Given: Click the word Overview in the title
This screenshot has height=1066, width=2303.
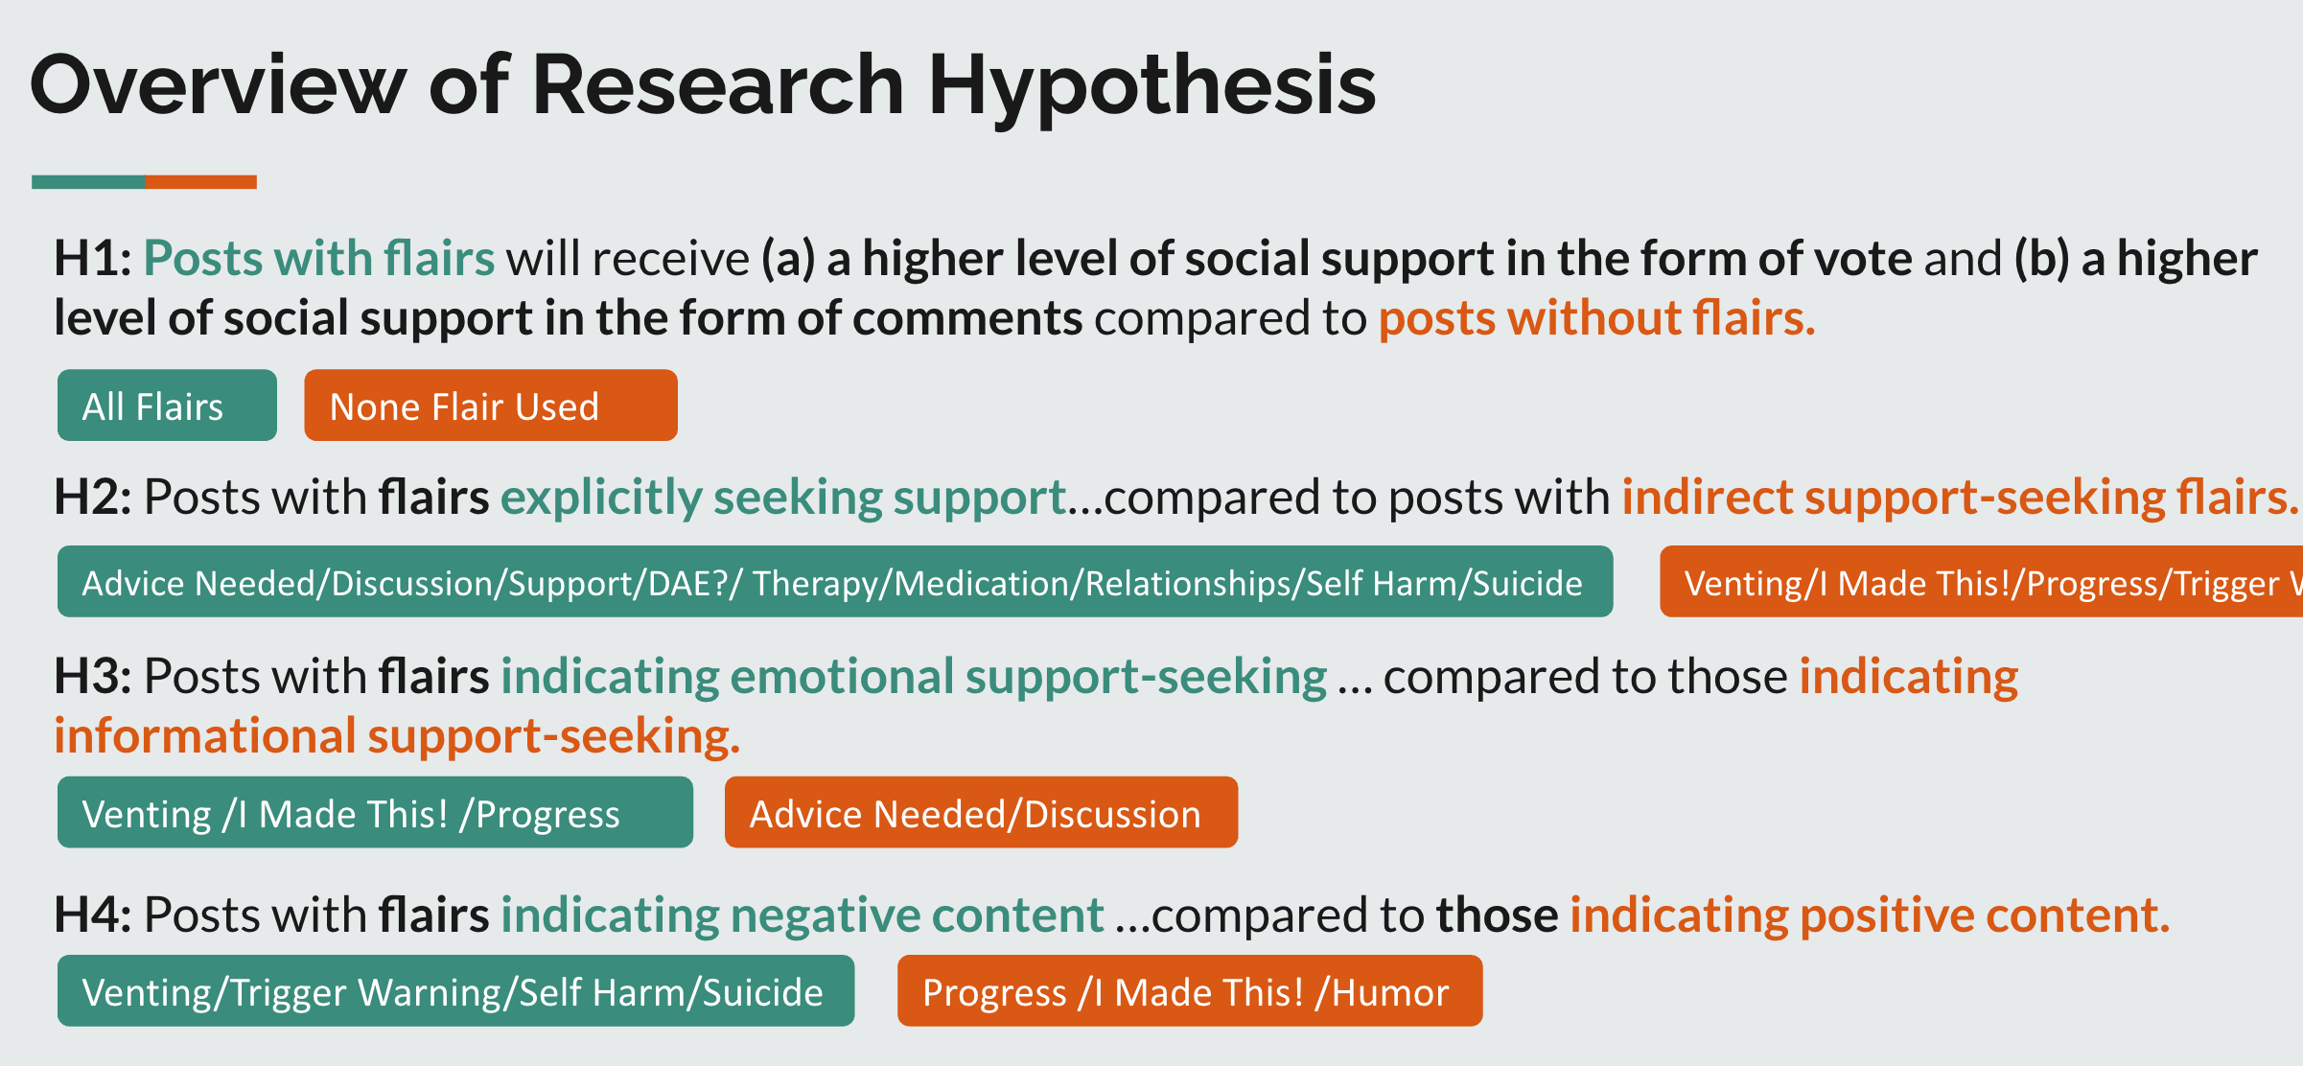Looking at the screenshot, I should coord(219,85).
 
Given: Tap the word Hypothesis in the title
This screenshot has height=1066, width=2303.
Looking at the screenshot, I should coord(1151,85).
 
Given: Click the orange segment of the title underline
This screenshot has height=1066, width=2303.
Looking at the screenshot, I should coord(200,182).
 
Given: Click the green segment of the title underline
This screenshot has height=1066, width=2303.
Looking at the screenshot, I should coord(88,182).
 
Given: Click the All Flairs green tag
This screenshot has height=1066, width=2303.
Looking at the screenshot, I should coord(167,406).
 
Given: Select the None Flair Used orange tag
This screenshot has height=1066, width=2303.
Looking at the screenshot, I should coord(490,406).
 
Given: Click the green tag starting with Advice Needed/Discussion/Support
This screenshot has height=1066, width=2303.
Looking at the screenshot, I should coord(834,582).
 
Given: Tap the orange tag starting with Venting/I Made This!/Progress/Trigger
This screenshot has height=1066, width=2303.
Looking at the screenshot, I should coord(1981,582).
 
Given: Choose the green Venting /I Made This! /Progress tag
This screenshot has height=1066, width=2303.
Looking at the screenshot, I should coord(375,813).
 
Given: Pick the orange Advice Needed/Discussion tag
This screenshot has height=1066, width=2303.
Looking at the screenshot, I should coord(980,813).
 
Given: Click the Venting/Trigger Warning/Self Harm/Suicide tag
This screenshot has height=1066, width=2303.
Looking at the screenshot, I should coord(455,991).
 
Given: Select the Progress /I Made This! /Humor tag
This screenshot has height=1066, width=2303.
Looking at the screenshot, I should coord(1189,991).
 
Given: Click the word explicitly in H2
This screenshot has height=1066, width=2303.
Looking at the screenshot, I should coord(601,498).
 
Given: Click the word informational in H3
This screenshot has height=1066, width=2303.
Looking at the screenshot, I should coord(204,736).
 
